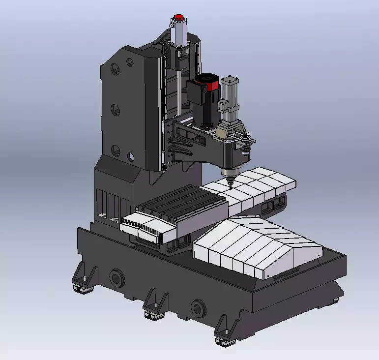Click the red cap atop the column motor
pos(178,18)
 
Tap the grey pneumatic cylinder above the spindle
pos(229,94)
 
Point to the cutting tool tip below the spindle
pos(229,186)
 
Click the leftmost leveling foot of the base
pos(83,280)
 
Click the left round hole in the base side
pos(117,279)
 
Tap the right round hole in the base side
pos(198,308)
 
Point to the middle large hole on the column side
pos(115,110)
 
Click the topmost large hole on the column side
pos(116,67)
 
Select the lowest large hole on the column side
pos(115,150)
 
